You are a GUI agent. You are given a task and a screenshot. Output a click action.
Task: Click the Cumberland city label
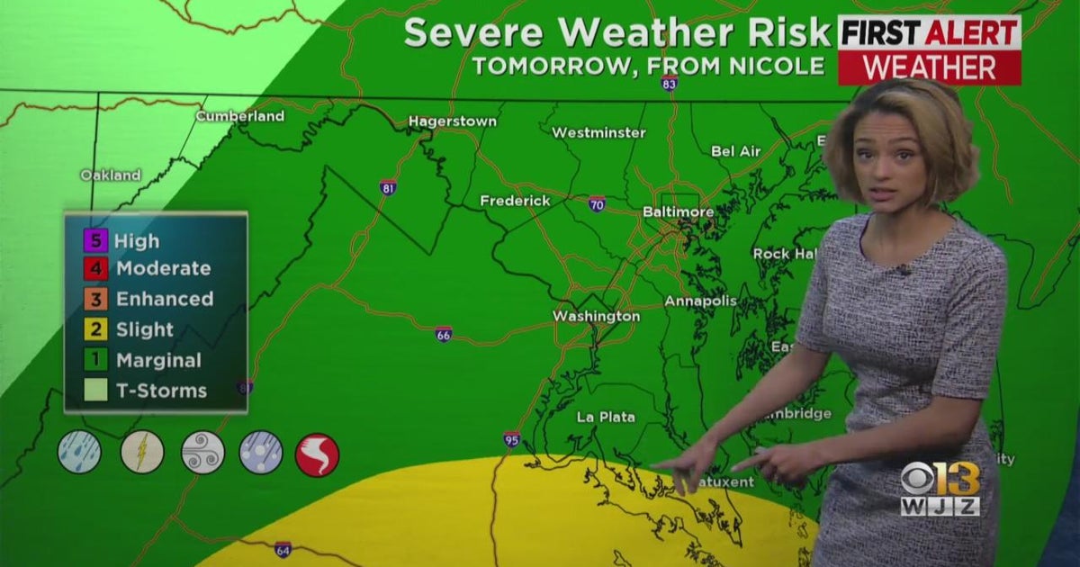(240, 116)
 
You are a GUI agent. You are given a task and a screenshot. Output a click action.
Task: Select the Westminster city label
(598, 132)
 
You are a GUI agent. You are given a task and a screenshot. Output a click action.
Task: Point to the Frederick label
(515, 201)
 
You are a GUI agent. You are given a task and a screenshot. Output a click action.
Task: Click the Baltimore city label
(678, 212)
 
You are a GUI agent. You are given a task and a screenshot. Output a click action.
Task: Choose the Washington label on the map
(596, 316)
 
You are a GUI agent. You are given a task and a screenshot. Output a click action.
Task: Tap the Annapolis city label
(700, 301)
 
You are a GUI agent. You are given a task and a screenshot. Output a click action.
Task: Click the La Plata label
(606, 417)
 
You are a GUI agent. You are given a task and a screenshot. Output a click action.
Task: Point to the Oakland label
(111, 175)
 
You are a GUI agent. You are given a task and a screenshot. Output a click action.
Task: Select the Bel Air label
(736, 151)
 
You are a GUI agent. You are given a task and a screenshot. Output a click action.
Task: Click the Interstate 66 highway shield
(443, 334)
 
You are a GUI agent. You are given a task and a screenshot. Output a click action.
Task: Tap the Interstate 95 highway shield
(511, 440)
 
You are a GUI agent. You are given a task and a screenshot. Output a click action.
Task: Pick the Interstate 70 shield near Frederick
(597, 203)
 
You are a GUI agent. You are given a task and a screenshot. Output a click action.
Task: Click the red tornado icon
(317, 454)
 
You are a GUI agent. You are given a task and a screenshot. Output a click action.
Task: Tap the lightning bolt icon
(142, 452)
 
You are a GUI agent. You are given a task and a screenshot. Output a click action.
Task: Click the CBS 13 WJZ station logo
(940, 490)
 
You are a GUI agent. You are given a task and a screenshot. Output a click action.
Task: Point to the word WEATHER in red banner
(930, 67)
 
